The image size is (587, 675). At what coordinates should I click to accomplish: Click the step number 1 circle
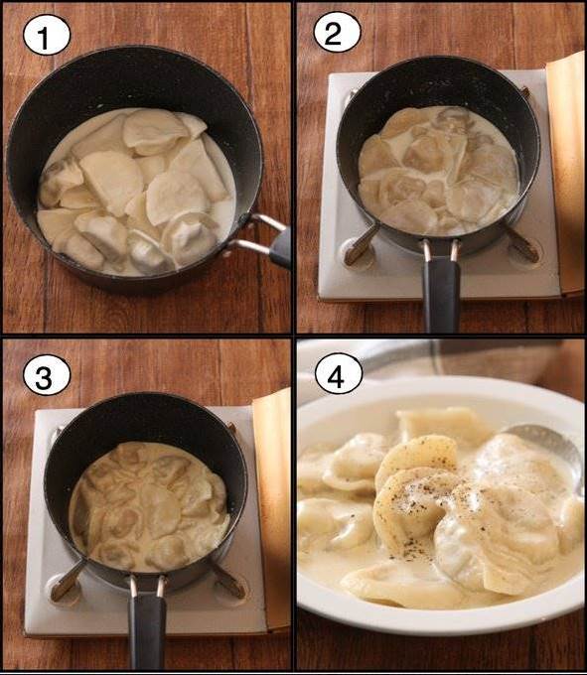click(46, 36)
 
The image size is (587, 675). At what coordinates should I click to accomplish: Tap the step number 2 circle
click(337, 33)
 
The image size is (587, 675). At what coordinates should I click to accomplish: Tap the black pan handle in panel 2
click(441, 293)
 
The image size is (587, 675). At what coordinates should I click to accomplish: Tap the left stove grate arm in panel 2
click(361, 245)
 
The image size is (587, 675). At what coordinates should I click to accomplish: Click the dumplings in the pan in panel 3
click(149, 507)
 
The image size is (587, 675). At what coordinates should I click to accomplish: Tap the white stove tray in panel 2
click(439, 185)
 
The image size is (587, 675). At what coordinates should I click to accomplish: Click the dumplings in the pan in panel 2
click(438, 171)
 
